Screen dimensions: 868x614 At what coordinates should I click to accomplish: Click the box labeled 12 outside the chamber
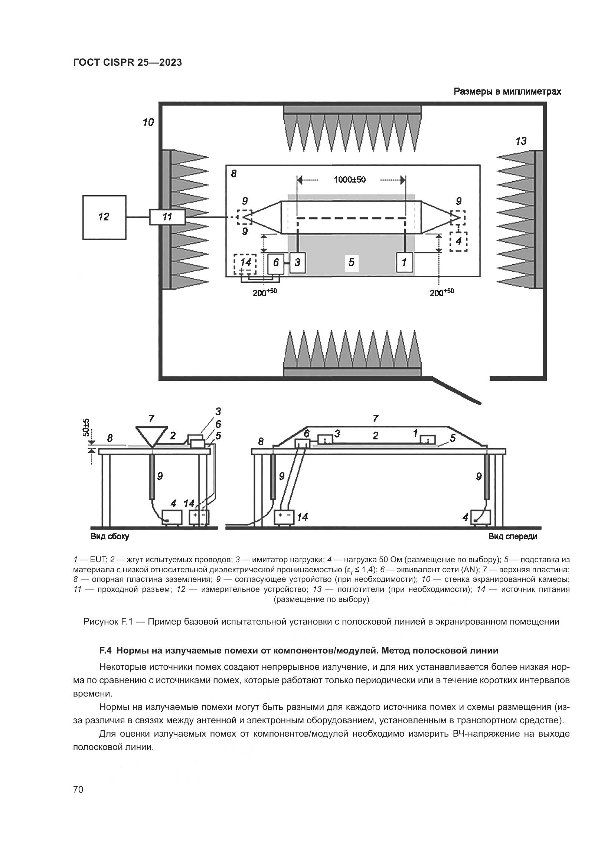coord(104,217)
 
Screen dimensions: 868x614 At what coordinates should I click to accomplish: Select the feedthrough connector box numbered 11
coord(167,217)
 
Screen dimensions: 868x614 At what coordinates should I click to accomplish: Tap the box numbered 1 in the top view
coord(404,262)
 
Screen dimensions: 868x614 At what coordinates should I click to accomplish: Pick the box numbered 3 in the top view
coord(297,262)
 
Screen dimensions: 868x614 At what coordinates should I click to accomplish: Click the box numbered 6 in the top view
coord(276,263)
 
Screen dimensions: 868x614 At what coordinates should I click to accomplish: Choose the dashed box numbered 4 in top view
coord(458,241)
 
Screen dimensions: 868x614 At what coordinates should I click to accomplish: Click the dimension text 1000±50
coord(350,180)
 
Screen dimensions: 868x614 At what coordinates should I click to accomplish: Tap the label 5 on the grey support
coord(351,262)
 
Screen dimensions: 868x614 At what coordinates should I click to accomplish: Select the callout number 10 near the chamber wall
coord(148,122)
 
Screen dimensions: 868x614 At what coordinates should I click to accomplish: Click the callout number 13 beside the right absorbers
coord(520,141)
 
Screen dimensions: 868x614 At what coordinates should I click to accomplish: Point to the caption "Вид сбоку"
coord(110,537)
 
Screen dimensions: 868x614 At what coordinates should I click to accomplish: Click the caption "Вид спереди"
coord(512,537)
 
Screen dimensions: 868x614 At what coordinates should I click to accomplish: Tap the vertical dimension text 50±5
coord(86,427)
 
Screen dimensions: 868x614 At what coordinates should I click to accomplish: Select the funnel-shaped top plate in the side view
coord(151,436)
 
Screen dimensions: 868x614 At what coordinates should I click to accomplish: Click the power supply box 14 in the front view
coord(284,517)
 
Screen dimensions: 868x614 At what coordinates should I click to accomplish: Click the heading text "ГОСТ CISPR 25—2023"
coord(127,63)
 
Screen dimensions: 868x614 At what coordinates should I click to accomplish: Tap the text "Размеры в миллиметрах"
coord(507,92)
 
